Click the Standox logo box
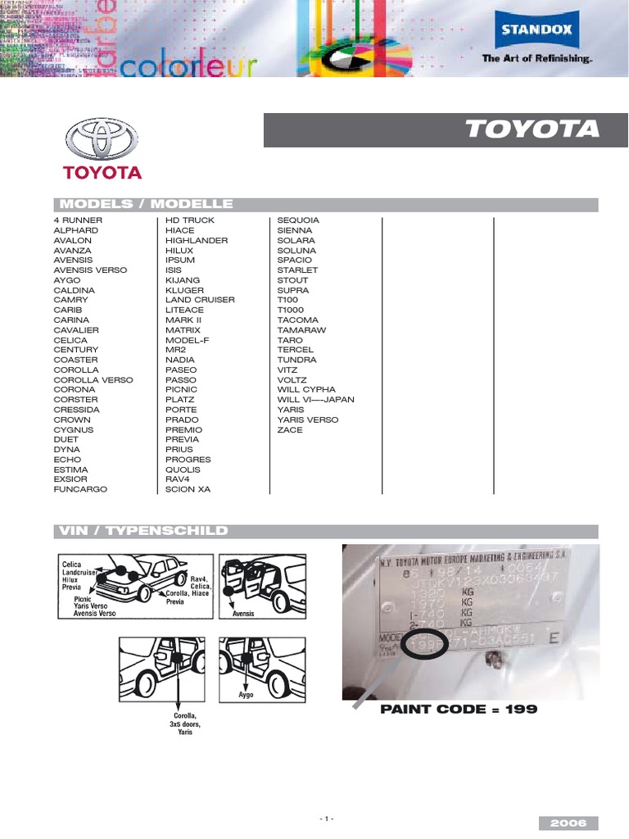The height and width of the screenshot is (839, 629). click(536, 33)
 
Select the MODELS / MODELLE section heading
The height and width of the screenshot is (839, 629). click(144, 204)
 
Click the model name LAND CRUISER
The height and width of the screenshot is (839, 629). click(200, 300)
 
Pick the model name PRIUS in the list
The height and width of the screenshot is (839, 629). click(179, 450)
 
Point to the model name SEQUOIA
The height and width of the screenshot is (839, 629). click(298, 220)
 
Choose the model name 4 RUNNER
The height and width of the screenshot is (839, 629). click(78, 220)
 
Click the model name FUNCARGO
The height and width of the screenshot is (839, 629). click(80, 489)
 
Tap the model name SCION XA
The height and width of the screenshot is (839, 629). click(188, 489)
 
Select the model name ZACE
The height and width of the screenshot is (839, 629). click(290, 429)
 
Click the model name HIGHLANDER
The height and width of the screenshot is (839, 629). click(197, 240)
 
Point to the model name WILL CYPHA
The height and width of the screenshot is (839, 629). click(306, 390)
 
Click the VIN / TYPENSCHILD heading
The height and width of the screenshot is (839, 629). click(141, 531)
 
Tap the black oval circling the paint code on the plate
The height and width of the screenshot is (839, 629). click(424, 645)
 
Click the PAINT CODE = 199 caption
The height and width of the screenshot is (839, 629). click(459, 710)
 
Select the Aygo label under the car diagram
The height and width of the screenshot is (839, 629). click(244, 693)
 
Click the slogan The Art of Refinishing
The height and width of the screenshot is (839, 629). click(536, 59)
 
